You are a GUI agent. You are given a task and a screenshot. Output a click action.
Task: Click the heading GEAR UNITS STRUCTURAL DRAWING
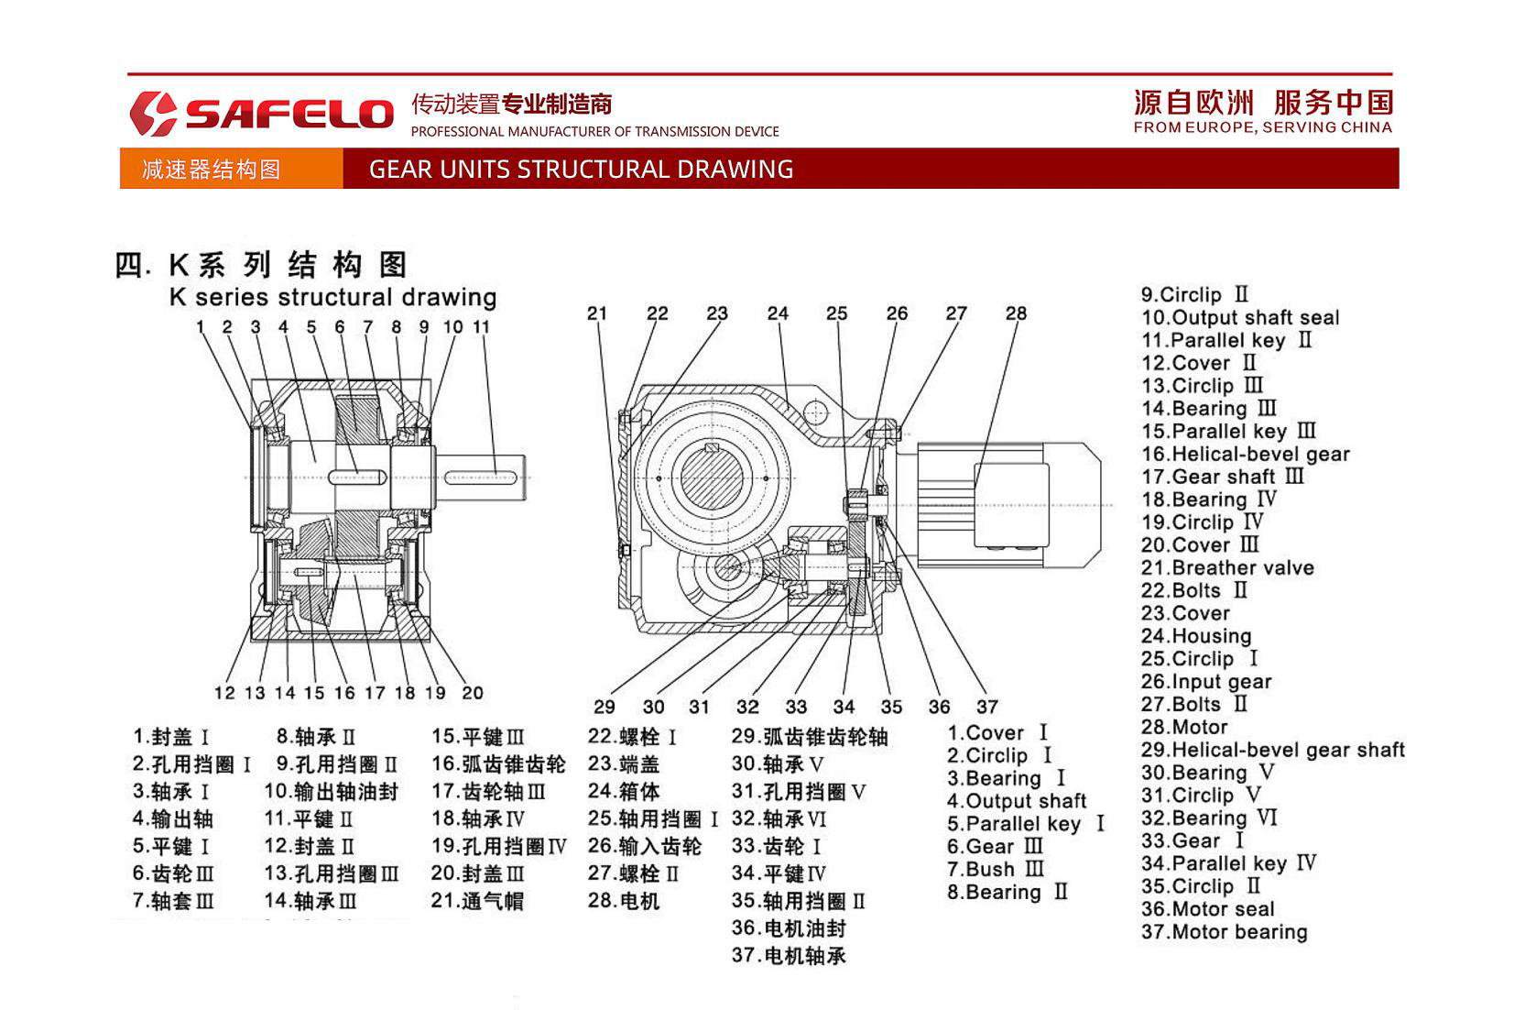581,170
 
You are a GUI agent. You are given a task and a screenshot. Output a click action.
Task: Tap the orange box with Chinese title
231,170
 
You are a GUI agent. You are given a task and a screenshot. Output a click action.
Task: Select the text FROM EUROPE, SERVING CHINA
1262,127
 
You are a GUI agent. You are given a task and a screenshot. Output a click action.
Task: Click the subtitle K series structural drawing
332,297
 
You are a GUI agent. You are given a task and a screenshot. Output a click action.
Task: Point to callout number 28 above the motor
1016,313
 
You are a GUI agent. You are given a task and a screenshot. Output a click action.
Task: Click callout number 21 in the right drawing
597,313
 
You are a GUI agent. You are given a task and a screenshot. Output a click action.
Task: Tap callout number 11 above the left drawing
481,327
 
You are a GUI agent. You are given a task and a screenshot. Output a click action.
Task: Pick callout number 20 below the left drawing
472,693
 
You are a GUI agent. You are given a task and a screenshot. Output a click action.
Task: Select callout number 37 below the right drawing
986,707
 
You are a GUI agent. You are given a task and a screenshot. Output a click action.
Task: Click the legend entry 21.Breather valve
1226,568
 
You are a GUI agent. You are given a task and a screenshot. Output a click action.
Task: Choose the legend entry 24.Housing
1195,636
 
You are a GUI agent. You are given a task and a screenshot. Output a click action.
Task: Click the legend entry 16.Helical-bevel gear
1245,455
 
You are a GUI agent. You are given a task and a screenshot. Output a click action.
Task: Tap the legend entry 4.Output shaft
1016,801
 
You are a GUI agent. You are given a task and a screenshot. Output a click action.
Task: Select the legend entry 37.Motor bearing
1224,932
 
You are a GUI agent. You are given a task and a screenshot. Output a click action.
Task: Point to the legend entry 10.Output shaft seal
1239,318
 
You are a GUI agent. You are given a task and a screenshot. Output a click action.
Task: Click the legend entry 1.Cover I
997,733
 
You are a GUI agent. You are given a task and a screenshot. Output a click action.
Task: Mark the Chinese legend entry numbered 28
624,901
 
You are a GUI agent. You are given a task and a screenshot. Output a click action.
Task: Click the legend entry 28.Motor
1183,727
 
